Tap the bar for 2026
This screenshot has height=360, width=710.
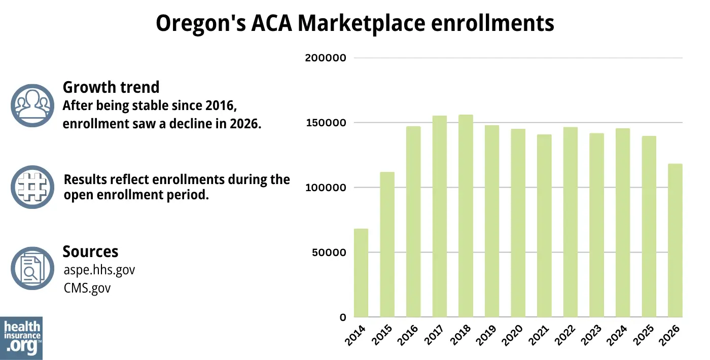point(675,240)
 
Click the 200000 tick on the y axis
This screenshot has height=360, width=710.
point(325,58)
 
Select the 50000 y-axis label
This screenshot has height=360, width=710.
point(328,253)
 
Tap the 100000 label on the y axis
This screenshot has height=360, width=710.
point(325,188)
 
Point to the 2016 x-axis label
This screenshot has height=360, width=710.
point(409,336)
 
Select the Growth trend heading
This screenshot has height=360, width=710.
point(111,87)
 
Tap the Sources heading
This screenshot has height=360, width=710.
point(90,251)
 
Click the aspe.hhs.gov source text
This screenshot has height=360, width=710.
point(99,270)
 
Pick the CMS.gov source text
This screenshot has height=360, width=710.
point(87,288)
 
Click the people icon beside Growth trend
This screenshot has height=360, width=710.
point(32,105)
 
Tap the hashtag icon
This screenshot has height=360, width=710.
point(32,187)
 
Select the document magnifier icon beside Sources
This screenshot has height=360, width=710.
point(32,269)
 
